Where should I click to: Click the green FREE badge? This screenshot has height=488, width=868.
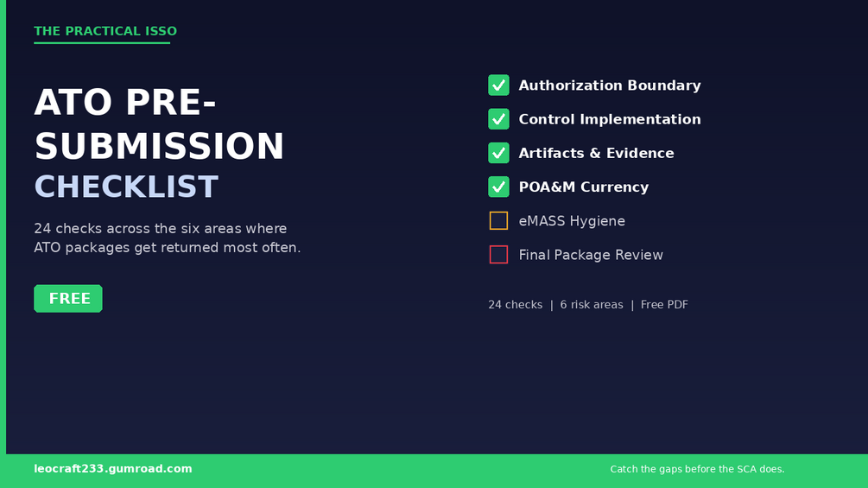pyautogui.click(x=68, y=298)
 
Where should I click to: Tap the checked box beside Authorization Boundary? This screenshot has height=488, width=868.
pyautogui.click(x=498, y=86)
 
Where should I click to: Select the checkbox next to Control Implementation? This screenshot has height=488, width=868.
pyautogui.click(x=498, y=119)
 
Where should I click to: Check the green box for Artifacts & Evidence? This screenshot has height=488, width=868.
pyautogui.click(x=498, y=153)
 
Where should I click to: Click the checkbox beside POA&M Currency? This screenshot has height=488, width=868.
pyautogui.click(x=498, y=187)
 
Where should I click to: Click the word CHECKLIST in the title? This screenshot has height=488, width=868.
pyautogui.click(x=126, y=187)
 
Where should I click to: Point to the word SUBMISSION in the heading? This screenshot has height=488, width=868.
pyautogui.click(x=160, y=146)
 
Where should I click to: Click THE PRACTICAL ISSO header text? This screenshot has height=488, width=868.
pyautogui.click(x=105, y=31)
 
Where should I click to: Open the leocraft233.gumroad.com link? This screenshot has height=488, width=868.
pyautogui.click(x=113, y=469)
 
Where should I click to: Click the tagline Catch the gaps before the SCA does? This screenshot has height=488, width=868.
pyautogui.click(x=697, y=469)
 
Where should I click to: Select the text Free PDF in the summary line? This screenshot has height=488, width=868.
pyautogui.click(x=664, y=305)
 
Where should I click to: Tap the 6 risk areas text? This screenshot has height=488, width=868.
pyautogui.click(x=592, y=305)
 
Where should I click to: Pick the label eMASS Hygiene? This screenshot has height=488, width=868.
pyautogui.click(x=572, y=221)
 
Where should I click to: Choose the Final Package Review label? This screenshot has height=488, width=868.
pyautogui.click(x=591, y=255)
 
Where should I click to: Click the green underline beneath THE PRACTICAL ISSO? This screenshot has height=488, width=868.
pyautogui.click(x=102, y=42)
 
